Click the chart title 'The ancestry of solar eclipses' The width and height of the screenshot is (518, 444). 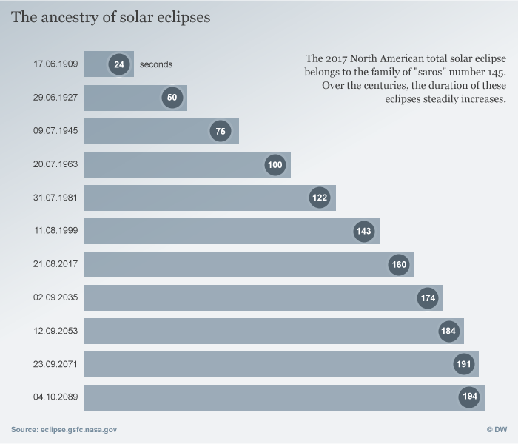pyautogui.click(x=110, y=17)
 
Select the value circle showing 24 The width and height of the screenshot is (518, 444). pyautogui.click(x=119, y=64)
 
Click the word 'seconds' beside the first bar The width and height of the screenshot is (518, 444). pyautogui.click(x=156, y=64)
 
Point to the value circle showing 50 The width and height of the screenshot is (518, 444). pyautogui.click(x=172, y=98)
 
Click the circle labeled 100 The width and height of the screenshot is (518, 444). pyautogui.click(x=275, y=164)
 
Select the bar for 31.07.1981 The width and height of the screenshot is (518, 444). pyautogui.click(x=210, y=198)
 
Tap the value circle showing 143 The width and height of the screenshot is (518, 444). pyautogui.click(x=363, y=231)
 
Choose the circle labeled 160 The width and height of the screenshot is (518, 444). pyautogui.click(x=399, y=264)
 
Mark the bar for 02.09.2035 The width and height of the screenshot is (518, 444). pyautogui.click(x=263, y=297)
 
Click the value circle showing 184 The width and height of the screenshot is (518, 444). pyautogui.click(x=448, y=331)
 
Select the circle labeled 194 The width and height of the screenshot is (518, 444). pyautogui.click(x=469, y=397)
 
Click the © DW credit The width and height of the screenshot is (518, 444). pyautogui.click(x=496, y=429)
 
